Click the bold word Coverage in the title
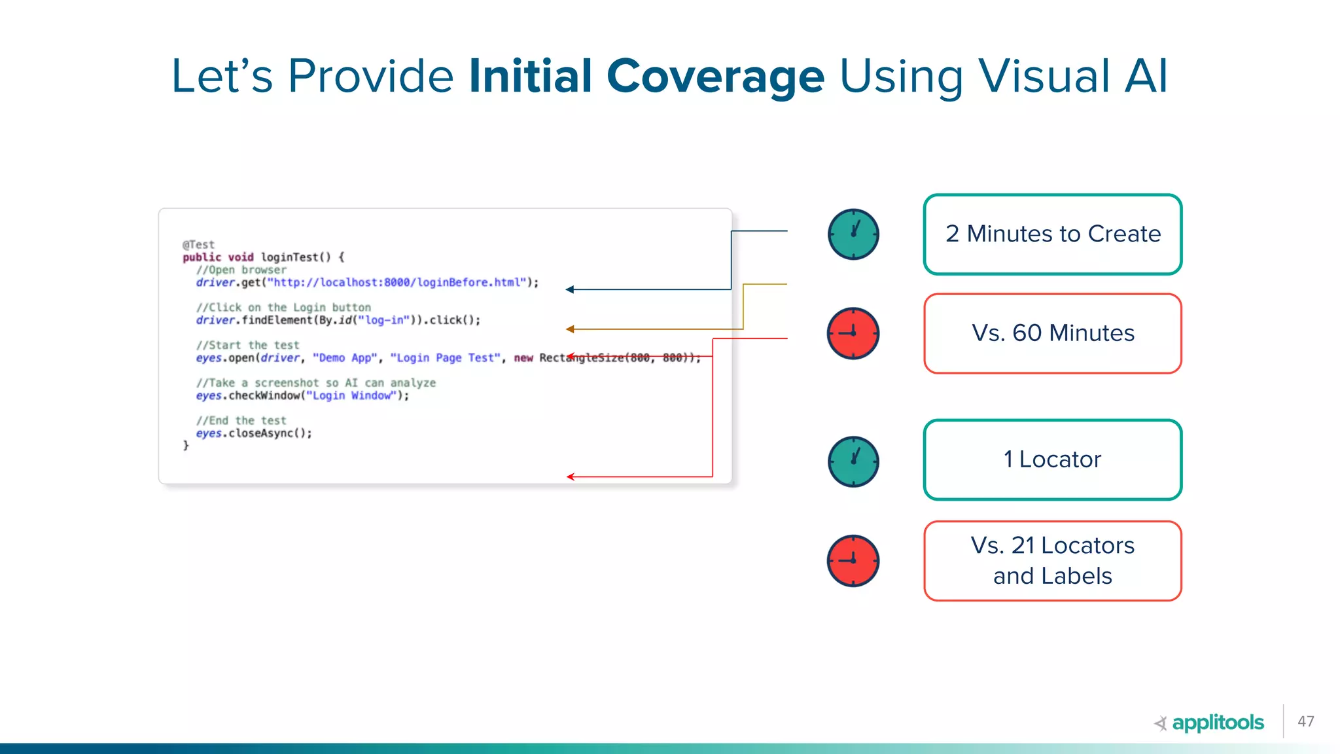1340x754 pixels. pos(715,77)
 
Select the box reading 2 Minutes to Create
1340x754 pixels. pos(1052,234)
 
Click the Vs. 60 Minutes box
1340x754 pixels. pos(1052,333)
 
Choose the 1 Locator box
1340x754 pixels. pos(1052,459)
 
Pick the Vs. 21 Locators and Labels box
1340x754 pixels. pos(1052,560)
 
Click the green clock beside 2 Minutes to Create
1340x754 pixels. pos(853,234)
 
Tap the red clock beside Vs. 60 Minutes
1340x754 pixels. pos(853,333)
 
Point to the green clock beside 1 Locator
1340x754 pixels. pos(853,461)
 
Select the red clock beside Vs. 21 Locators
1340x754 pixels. pos(853,561)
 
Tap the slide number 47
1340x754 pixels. pos(1305,721)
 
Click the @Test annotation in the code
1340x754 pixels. pos(198,245)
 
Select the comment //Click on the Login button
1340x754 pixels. pos(283,308)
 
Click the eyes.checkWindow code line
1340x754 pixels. pos(302,395)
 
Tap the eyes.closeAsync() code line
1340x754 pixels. pos(254,433)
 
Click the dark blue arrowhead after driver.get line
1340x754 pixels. pos(570,289)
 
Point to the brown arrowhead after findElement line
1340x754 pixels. pos(570,329)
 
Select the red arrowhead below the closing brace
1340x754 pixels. pos(571,477)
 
